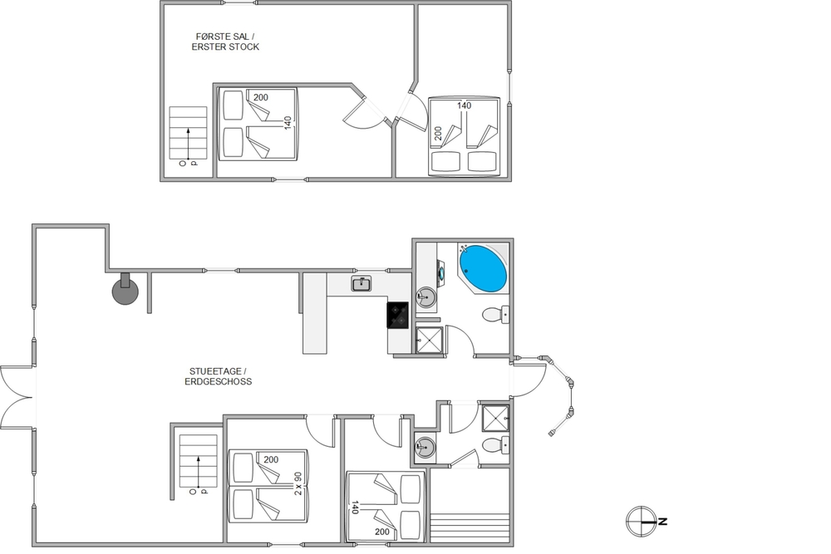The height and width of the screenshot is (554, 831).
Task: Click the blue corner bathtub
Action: click(483, 268)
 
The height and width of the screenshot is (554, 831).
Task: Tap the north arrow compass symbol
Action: click(642, 522)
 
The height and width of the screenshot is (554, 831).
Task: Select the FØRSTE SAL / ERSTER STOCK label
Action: click(225, 42)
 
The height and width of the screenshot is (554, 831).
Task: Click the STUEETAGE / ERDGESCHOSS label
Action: click(219, 376)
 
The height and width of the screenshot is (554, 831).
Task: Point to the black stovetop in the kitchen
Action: click(397, 315)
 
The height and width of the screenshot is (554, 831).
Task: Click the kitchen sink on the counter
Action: click(361, 284)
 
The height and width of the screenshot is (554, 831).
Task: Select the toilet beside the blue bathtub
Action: click(496, 315)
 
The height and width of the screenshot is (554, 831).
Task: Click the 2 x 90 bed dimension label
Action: click(297, 483)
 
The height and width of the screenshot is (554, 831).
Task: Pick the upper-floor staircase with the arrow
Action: click(188, 134)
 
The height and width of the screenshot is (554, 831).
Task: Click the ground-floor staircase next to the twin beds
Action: click(199, 461)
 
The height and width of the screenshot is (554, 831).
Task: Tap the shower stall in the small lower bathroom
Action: click(495, 418)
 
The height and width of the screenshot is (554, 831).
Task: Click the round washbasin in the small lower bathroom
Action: click(425, 447)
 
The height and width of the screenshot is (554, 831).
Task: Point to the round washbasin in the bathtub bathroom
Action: click(425, 297)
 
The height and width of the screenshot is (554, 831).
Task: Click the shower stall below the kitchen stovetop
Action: click(428, 340)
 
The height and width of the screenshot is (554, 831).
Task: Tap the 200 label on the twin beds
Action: click(271, 459)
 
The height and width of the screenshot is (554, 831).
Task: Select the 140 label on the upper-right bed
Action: click(464, 105)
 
